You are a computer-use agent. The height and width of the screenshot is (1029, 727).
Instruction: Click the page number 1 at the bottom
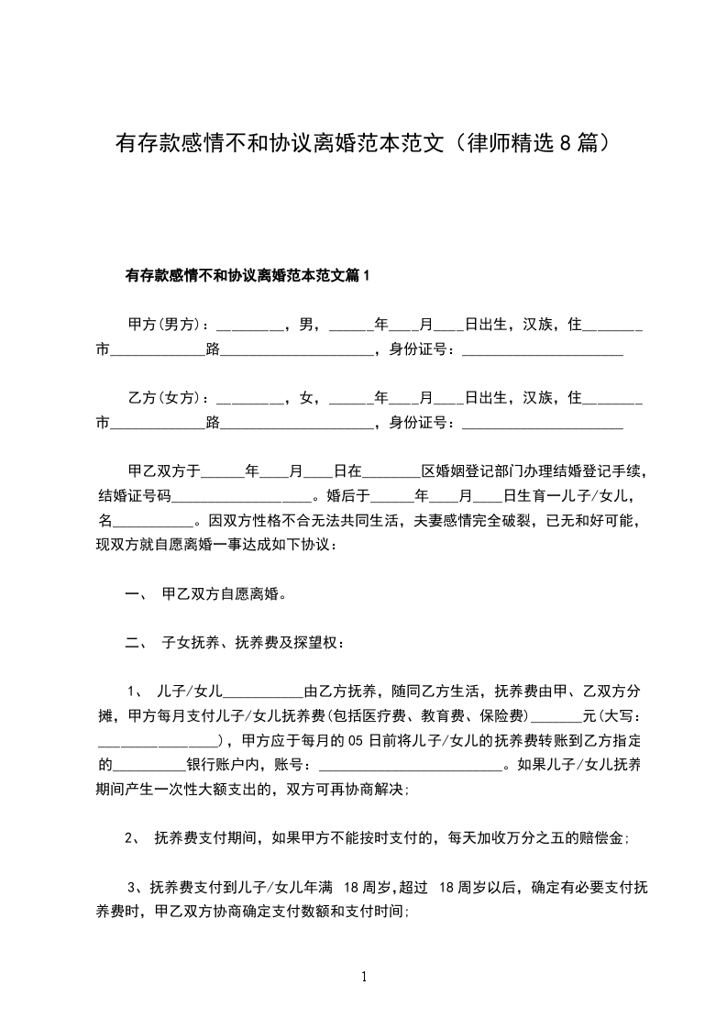364,977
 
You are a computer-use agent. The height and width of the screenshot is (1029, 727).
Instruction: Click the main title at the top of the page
363,143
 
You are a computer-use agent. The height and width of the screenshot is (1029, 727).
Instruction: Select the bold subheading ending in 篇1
248,275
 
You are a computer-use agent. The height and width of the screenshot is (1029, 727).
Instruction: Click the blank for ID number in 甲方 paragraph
542,350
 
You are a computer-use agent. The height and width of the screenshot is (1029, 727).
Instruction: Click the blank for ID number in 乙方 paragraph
542,423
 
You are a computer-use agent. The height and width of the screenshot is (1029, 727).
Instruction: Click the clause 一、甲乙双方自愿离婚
205,594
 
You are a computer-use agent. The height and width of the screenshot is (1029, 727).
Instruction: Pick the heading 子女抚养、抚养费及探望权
253,642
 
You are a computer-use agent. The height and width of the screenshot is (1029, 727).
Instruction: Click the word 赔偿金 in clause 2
602,836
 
